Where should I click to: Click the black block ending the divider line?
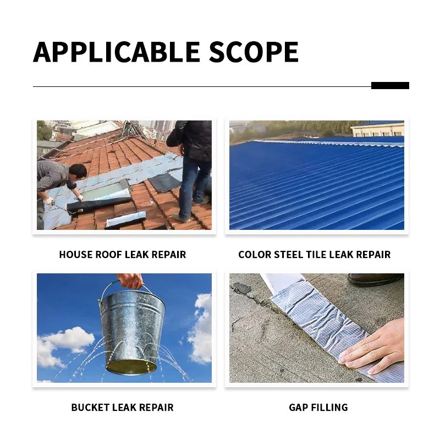pos(390,85)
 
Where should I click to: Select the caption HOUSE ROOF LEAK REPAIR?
pos(123,255)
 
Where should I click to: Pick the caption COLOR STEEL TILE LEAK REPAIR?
pos(314,255)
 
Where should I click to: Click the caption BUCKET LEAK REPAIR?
pos(122,408)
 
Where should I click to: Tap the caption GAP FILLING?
pos(318,408)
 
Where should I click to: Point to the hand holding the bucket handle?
pos(130,281)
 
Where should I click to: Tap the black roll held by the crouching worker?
pos(91,205)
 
